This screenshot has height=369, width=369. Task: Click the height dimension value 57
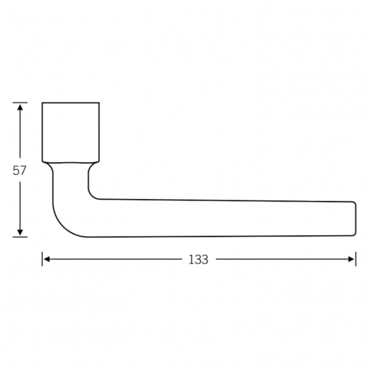click(x=20, y=171)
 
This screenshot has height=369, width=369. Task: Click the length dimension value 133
click(x=198, y=260)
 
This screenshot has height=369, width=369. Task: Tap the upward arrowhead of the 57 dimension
click(x=21, y=107)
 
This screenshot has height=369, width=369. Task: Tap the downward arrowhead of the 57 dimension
click(x=21, y=232)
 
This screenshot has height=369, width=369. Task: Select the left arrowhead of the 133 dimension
click(x=47, y=260)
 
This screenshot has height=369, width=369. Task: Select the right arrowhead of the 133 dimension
click(x=351, y=260)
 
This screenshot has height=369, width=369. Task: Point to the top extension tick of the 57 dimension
click(x=21, y=103)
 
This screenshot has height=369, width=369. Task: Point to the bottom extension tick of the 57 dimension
click(x=21, y=237)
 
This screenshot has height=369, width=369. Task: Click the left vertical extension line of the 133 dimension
click(x=42, y=259)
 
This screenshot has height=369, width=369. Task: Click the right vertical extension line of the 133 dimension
click(x=356, y=259)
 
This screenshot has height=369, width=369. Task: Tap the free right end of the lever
click(x=353, y=218)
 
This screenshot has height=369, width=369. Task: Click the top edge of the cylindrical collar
click(x=71, y=103)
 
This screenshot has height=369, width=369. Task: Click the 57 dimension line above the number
click(x=21, y=136)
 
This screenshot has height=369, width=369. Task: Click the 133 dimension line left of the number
click(x=115, y=260)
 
